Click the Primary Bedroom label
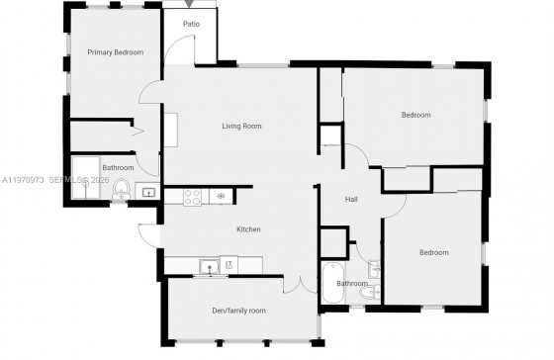(x=116, y=52)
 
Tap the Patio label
(x=191, y=24)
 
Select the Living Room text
(x=241, y=127)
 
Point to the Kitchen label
(x=248, y=229)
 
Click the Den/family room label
(x=238, y=311)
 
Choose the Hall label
(x=351, y=199)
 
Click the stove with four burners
(x=193, y=197)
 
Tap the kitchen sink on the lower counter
(x=210, y=266)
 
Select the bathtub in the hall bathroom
(x=332, y=283)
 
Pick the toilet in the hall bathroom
(x=370, y=292)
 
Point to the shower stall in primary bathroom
(x=86, y=177)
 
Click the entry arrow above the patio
(x=190, y=4)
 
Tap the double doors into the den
(x=300, y=287)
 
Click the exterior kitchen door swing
(x=149, y=235)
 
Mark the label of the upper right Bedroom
(x=415, y=115)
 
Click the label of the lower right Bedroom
(x=434, y=252)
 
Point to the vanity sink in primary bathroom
(x=148, y=192)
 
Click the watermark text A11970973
(x=23, y=180)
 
